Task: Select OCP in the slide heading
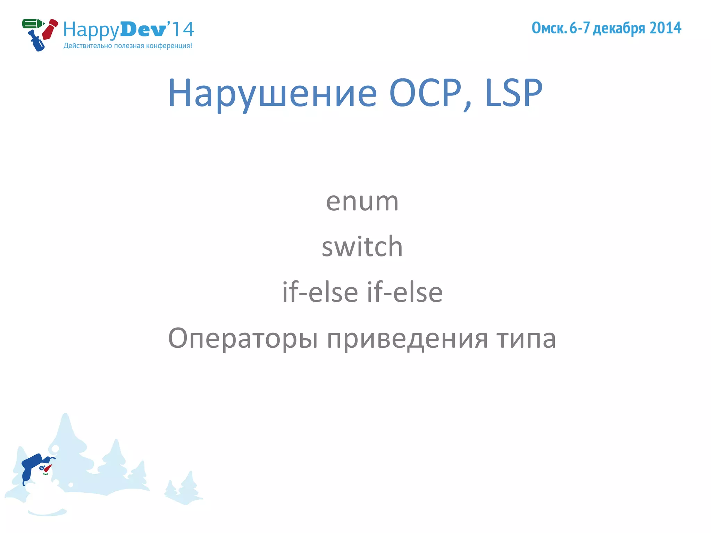426,93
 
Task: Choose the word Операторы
243,338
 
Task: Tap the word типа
526,338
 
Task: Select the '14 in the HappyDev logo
181,29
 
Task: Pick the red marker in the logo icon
50,29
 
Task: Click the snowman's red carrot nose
48,468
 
